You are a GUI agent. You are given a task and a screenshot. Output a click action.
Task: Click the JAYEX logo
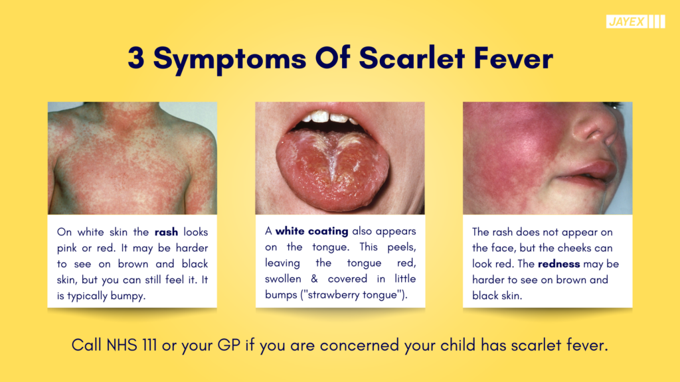(x=636, y=22)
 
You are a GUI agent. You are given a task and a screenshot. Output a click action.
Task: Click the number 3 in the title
(x=136, y=58)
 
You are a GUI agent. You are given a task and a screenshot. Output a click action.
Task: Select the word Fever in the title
(x=513, y=58)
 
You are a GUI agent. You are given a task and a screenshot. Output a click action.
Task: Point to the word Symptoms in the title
(x=230, y=59)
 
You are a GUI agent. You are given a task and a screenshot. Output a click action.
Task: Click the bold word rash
(x=166, y=232)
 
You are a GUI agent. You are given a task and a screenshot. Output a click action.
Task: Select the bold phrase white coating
(x=312, y=231)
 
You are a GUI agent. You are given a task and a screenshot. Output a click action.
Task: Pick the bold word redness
(x=558, y=264)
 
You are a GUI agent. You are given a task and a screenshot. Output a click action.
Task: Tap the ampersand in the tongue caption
(x=314, y=279)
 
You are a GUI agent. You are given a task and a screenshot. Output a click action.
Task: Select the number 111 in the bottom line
(x=149, y=346)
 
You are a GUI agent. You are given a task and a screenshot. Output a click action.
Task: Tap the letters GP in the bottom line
(x=228, y=346)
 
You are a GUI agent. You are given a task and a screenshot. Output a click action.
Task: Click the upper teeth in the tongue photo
(x=330, y=117)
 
